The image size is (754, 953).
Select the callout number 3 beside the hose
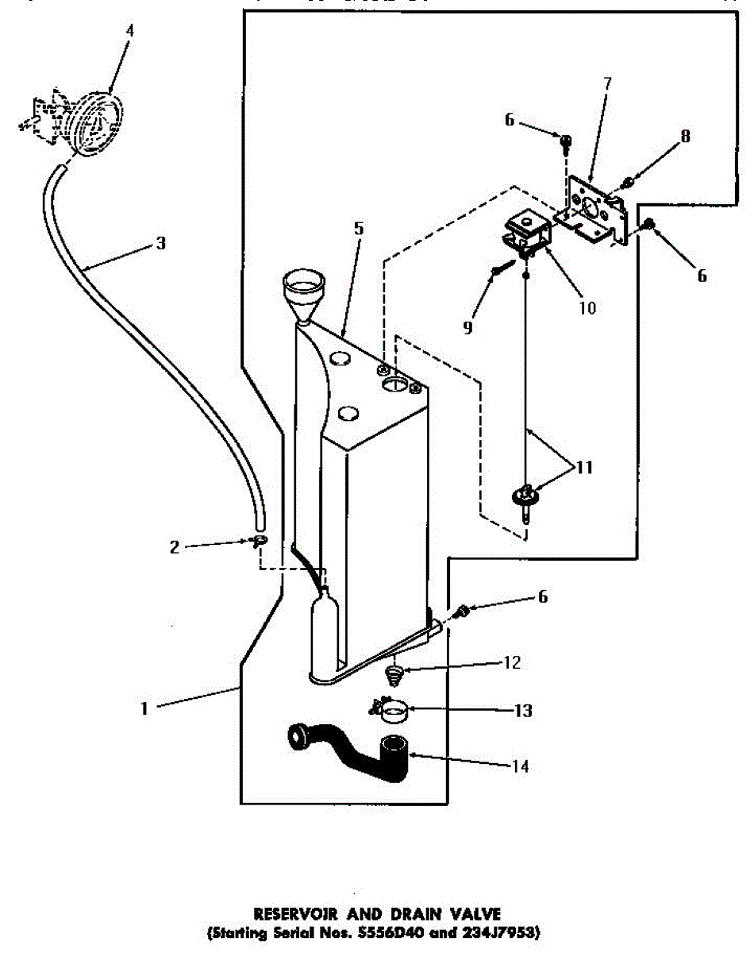[161, 243]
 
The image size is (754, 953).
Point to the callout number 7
[606, 83]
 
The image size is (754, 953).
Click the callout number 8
[685, 136]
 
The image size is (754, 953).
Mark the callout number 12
[512, 662]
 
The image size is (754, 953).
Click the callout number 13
[523, 711]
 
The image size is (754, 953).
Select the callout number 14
[520, 766]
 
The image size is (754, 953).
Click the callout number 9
[467, 326]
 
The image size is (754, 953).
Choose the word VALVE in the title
[473, 914]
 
